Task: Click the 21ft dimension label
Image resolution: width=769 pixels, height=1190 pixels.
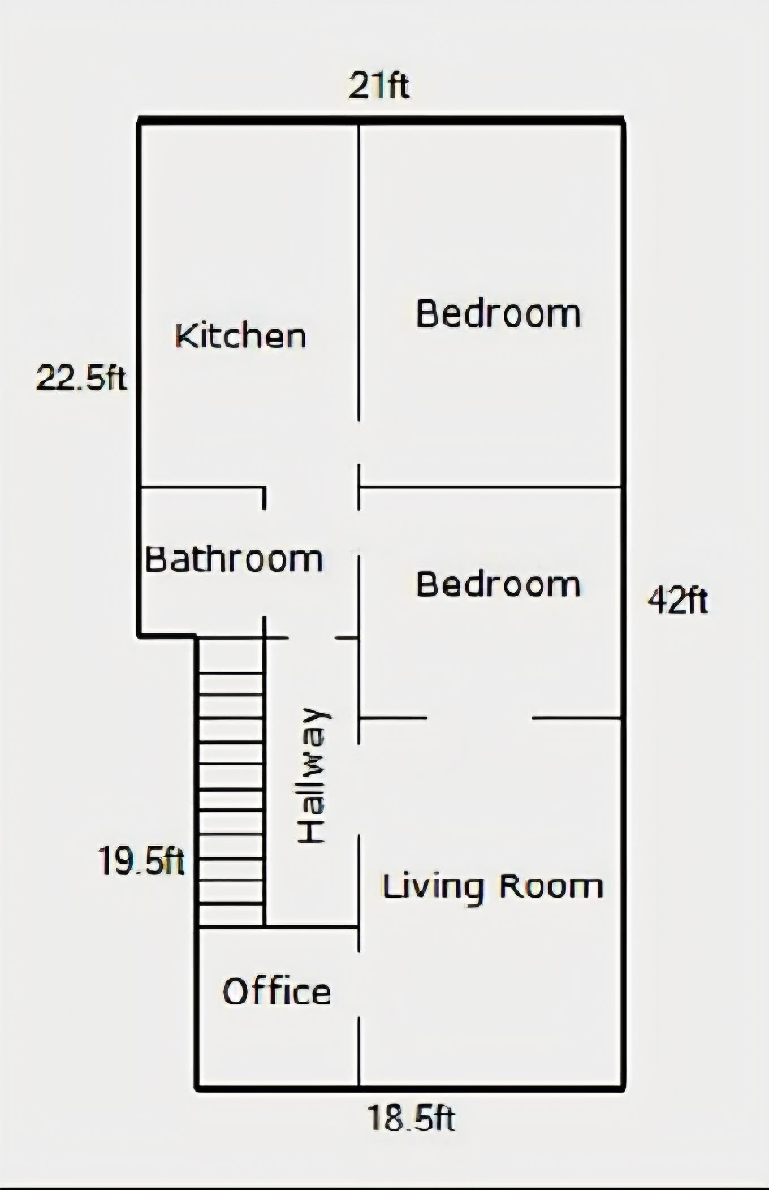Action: [x=378, y=85]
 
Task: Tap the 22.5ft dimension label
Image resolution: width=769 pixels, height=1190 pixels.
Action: [x=81, y=378]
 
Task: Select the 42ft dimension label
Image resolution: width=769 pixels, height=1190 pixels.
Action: [x=677, y=601]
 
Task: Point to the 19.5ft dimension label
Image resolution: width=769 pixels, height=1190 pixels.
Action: [x=141, y=861]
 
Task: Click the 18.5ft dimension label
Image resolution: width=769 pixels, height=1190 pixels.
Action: [x=411, y=1118]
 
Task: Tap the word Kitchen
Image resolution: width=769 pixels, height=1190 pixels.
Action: [x=241, y=336]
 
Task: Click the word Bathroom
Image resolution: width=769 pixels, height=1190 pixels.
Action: [x=234, y=559]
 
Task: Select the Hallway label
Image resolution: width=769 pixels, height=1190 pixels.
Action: [x=312, y=775]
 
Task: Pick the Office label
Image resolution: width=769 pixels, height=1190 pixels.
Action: [x=277, y=991]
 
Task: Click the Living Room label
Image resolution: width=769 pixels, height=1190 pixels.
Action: [x=493, y=886]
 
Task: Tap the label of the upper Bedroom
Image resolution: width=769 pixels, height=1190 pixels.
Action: [x=498, y=314]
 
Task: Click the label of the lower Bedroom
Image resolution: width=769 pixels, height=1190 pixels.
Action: [x=498, y=584]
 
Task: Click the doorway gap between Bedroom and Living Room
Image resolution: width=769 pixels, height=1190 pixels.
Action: [x=479, y=718]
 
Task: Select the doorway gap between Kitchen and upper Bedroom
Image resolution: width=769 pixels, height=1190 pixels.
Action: [x=358, y=443]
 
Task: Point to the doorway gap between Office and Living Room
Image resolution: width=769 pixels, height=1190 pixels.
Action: [x=358, y=984]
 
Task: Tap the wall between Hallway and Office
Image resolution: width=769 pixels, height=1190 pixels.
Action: [x=311, y=926]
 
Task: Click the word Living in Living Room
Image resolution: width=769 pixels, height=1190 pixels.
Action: [x=433, y=886]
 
